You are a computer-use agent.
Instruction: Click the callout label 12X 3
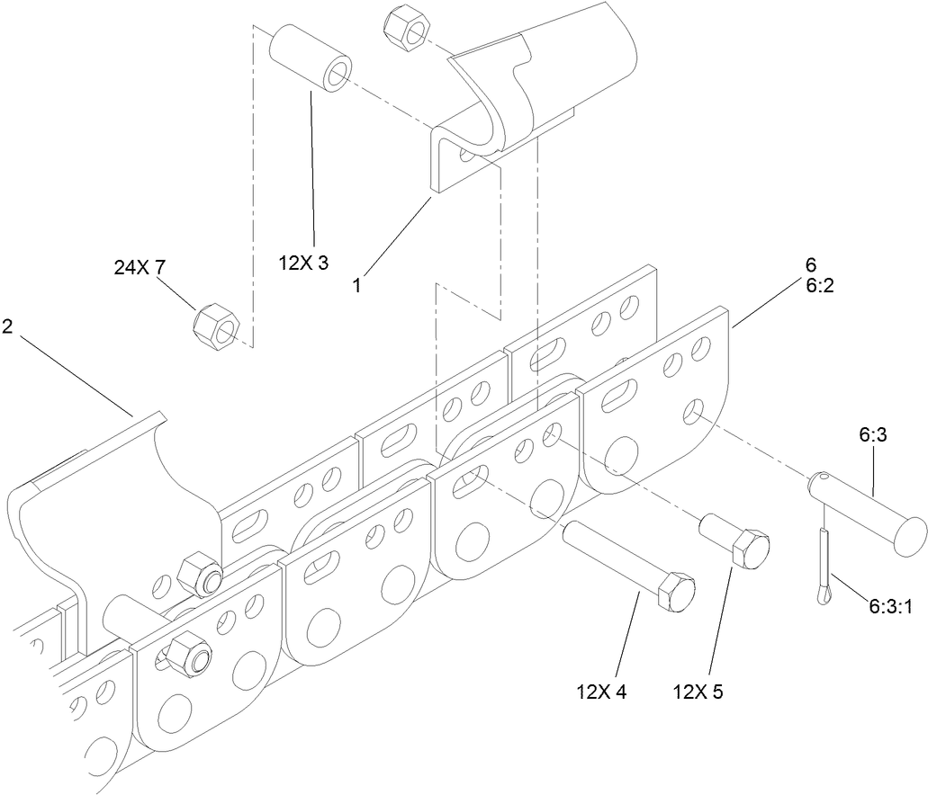303,264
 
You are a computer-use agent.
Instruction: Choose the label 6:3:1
891,607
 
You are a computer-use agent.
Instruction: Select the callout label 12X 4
601,692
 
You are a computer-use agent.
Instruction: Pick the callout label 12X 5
697,692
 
